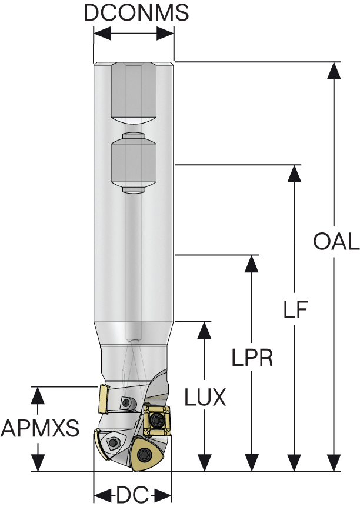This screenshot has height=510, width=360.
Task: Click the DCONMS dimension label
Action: pos(136,13)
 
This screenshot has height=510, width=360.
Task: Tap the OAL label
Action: pos(336,241)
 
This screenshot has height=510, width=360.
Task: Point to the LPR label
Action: pos(252,358)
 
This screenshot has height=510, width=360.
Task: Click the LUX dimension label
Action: pos(205,397)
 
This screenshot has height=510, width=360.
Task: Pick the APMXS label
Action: pos(40,428)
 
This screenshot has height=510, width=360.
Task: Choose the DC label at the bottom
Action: pos(132,496)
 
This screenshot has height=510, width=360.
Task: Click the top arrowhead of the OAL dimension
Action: pos(334,70)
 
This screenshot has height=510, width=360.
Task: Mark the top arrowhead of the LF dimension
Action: pos(295,174)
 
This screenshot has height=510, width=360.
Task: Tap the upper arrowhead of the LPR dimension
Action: pos(251,264)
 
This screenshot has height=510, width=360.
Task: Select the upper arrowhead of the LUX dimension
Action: pos(205,330)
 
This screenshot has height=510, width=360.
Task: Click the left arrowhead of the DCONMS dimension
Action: pos(102,33)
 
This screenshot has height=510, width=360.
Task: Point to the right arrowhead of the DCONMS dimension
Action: pos(165,33)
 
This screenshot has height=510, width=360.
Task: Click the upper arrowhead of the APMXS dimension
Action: pos(38,395)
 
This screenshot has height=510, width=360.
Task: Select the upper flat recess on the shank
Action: pos(134,94)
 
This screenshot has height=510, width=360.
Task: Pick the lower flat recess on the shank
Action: pos(134,162)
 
